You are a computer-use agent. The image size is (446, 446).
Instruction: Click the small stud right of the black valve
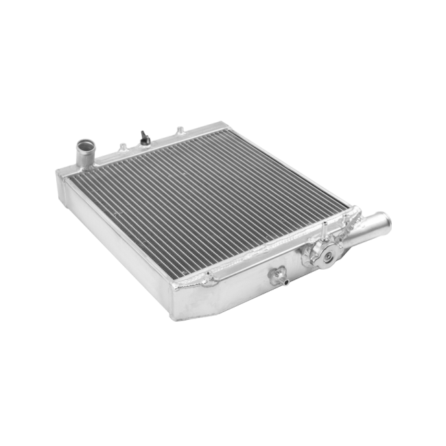coord(177,130)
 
